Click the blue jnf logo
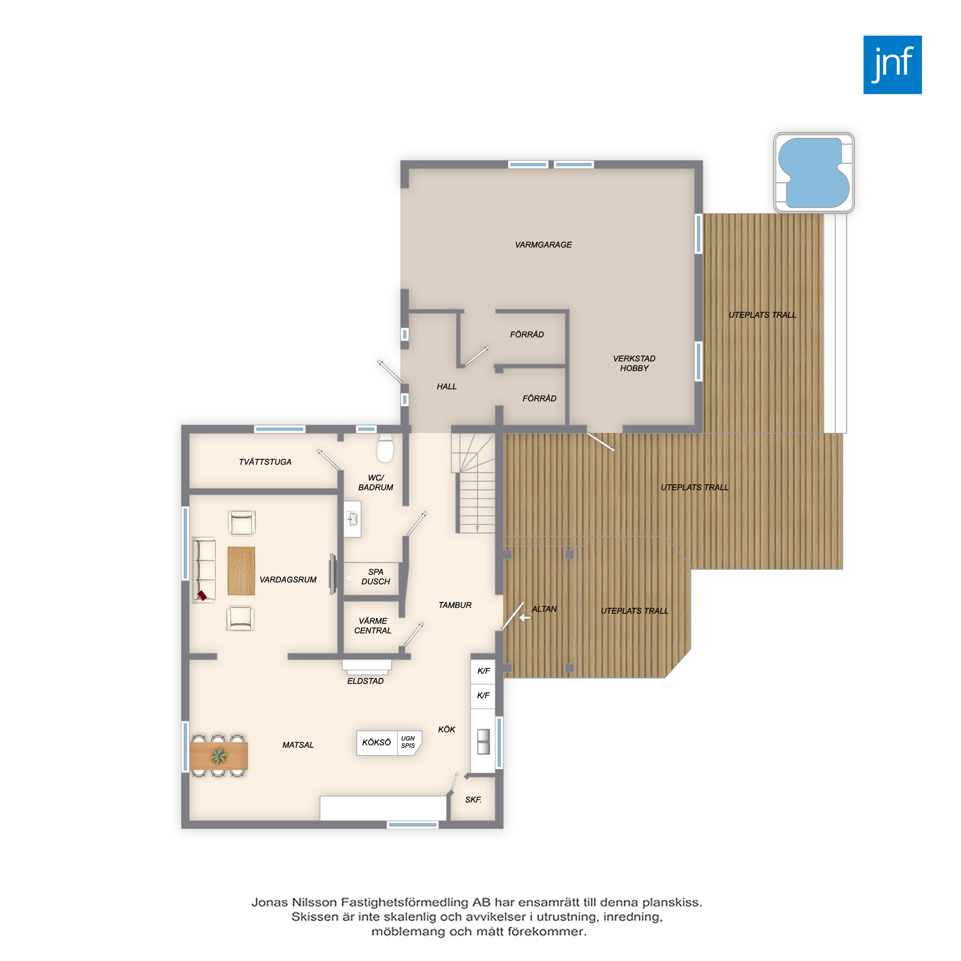coord(892,65)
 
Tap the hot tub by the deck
coord(814,172)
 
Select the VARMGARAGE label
coord(543,245)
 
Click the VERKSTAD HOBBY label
coord(634,363)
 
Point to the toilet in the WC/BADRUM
coord(385,448)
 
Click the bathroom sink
coord(353,519)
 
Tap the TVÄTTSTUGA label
coord(265,462)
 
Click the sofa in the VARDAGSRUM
coord(203,570)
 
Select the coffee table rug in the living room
coord(241,571)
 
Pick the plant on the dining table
coord(218,756)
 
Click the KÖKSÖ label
coord(377,743)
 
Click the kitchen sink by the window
coord(483,741)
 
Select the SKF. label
coord(473,800)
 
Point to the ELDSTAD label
coord(366,681)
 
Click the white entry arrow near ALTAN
coord(525,618)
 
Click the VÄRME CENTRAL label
coord(372,626)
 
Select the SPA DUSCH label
coord(376,577)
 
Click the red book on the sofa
coord(202,595)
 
